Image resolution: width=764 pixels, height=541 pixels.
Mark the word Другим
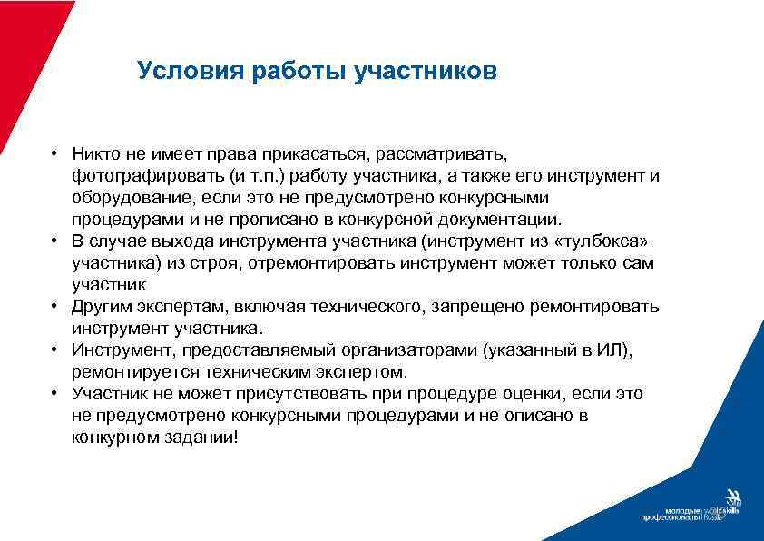pos(102,306)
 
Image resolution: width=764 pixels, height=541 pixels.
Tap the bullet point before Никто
pos(55,152)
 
